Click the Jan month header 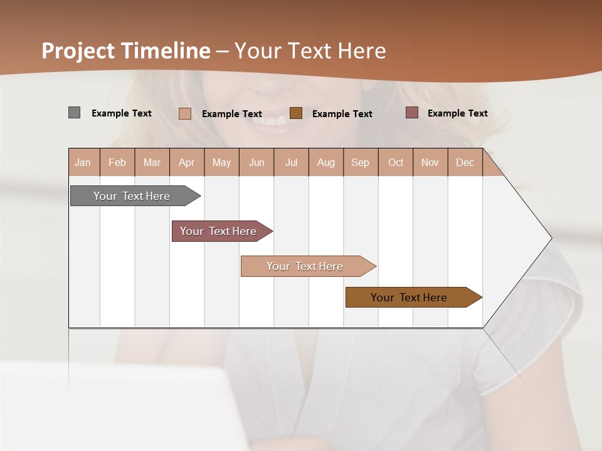click(83, 163)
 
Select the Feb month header click(117, 163)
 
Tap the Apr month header click(186, 163)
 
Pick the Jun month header click(256, 163)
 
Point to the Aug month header click(325, 163)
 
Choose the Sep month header click(360, 163)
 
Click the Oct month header click(396, 163)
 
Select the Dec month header click(465, 163)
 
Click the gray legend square click(74, 113)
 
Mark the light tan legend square click(184, 113)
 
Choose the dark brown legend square click(296, 113)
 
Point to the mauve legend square click(411, 113)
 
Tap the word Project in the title click(79, 51)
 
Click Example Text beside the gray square click(122, 113)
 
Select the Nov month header click(430, 163)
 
